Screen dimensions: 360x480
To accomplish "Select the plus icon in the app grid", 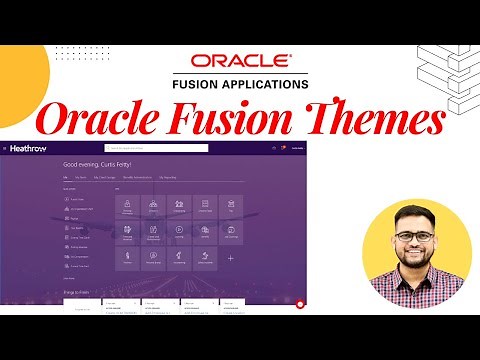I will tap(231, 258).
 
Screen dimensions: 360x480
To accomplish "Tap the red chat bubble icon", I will tap(299, 302).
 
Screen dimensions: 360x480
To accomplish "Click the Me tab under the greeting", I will tap(66, 177).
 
